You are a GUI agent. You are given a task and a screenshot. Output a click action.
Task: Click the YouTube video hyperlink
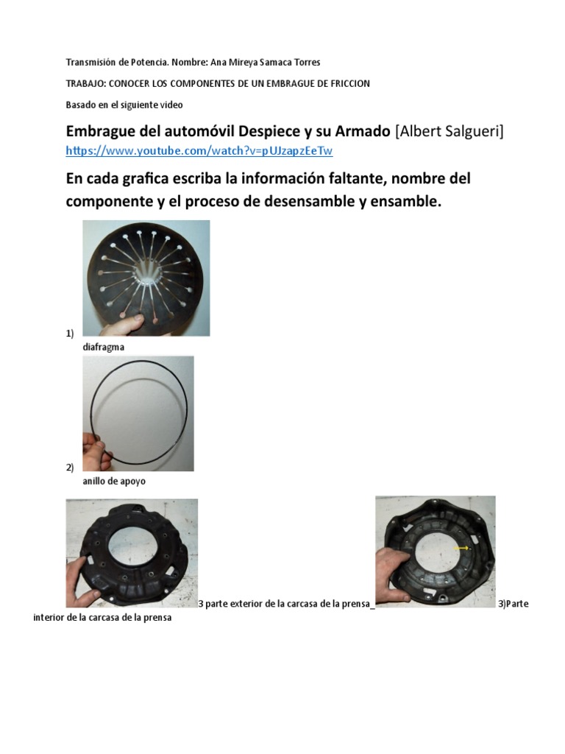coord(199,151)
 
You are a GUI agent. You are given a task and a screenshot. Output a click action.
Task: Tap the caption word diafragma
coord(103,346)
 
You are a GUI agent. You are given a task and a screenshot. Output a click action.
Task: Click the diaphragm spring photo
coord(146,278)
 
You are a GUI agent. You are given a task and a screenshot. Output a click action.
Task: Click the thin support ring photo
coord(138,413)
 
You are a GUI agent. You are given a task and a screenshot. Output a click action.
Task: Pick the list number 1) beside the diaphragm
coord(70,334)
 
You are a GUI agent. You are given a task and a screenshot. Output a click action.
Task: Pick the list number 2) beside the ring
coord(70,468)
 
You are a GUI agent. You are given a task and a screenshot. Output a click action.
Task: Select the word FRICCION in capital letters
coord(348,84)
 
